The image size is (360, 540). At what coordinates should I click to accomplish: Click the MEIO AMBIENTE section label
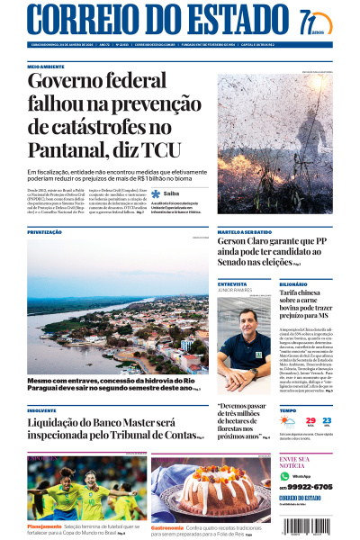[46, 67]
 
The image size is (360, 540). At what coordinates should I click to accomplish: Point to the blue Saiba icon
[156, 193]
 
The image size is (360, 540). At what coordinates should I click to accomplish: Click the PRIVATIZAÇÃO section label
[45, 231]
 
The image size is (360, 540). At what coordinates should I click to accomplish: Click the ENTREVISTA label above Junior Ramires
[232, 283]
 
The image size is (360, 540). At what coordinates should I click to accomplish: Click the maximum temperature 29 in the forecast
[310, 420]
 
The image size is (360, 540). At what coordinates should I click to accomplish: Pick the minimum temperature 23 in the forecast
[326, 420]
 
